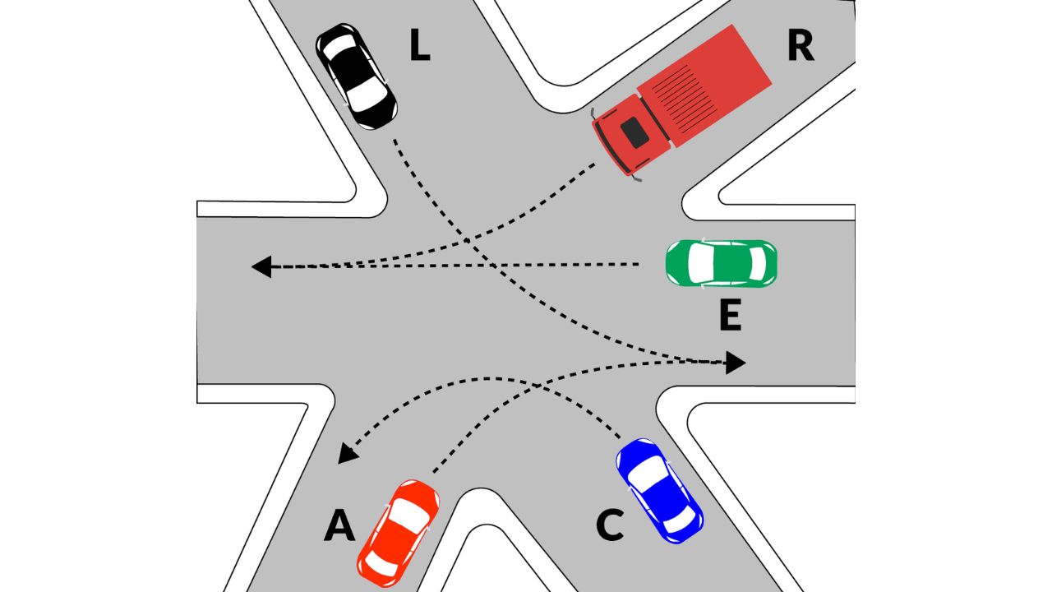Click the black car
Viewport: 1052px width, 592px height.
pos(357,76)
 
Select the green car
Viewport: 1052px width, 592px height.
pos(721,263)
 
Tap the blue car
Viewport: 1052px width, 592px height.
pos(659,491)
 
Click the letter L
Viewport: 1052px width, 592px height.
pos(419,49)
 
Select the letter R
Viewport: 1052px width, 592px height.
pos(800,47)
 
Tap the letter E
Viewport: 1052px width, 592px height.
pos(730,316)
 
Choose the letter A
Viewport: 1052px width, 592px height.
pos(339,526)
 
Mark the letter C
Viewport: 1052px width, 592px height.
pos(609,526)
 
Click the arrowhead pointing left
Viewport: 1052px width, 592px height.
pos(261,266)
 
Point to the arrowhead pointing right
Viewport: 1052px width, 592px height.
pos(735,362)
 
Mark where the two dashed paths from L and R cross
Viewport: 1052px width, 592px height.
pos(467,241)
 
